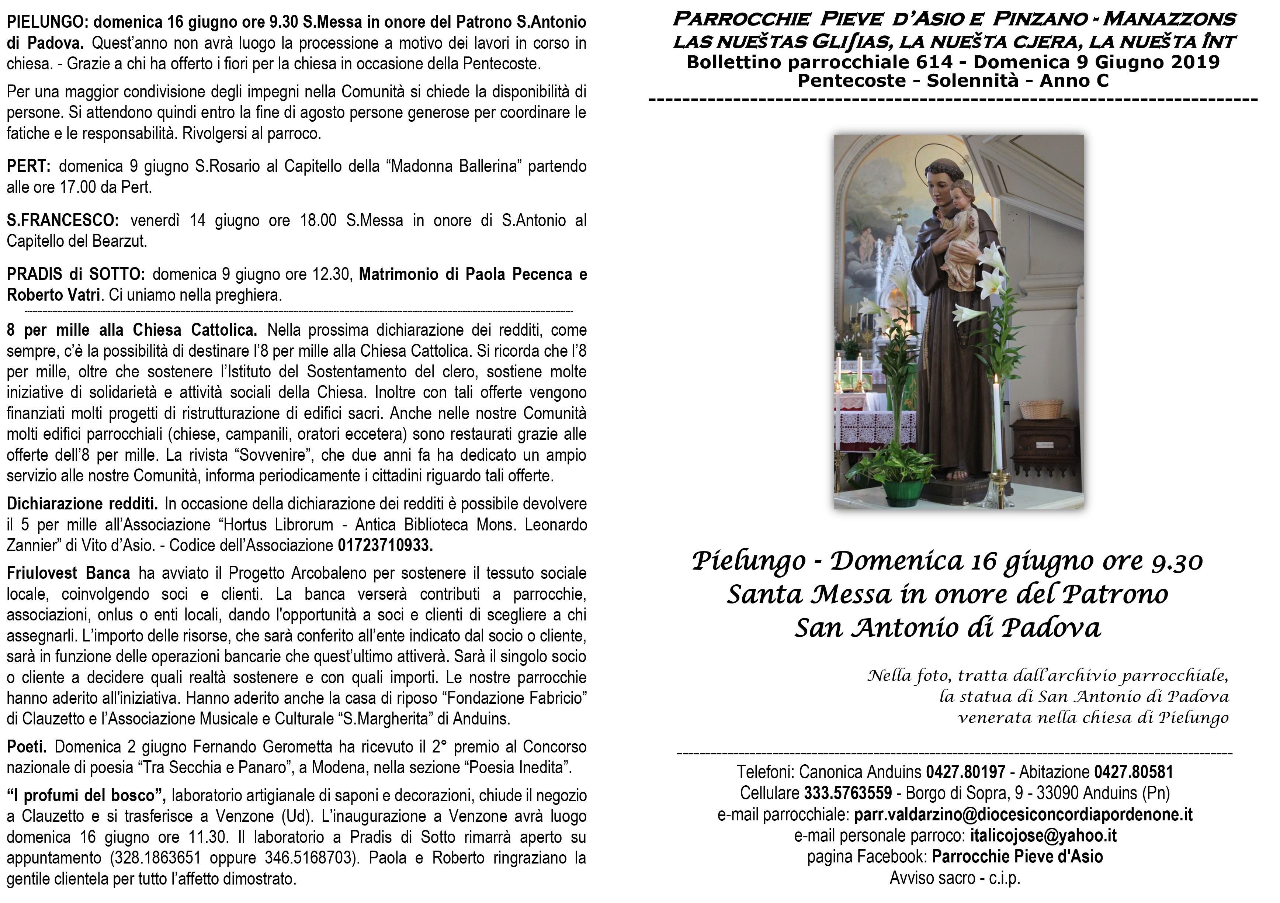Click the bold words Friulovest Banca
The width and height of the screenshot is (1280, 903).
(68, 573)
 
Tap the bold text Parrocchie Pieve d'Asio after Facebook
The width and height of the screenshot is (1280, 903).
(1017, 857)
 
